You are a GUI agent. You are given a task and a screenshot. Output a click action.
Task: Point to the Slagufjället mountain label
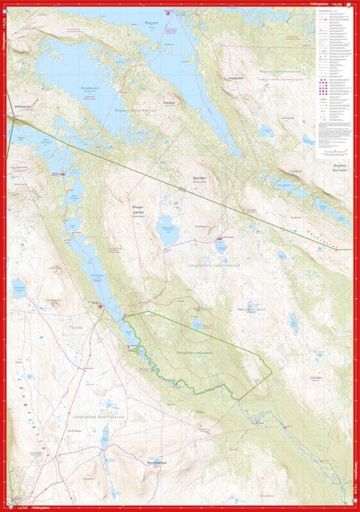pyautogui.click(x=140, y=208)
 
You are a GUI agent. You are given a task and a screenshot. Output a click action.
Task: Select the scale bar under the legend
pyautogui.click(x=331, y=151)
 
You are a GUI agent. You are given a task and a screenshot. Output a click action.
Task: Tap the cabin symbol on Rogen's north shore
pyautogui.click(x=170, y=13)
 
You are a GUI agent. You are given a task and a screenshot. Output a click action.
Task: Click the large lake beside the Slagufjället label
pyautogui.click(x=168, y=232)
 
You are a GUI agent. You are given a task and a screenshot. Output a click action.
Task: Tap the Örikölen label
pyautogui.click(x=169, y=104)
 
